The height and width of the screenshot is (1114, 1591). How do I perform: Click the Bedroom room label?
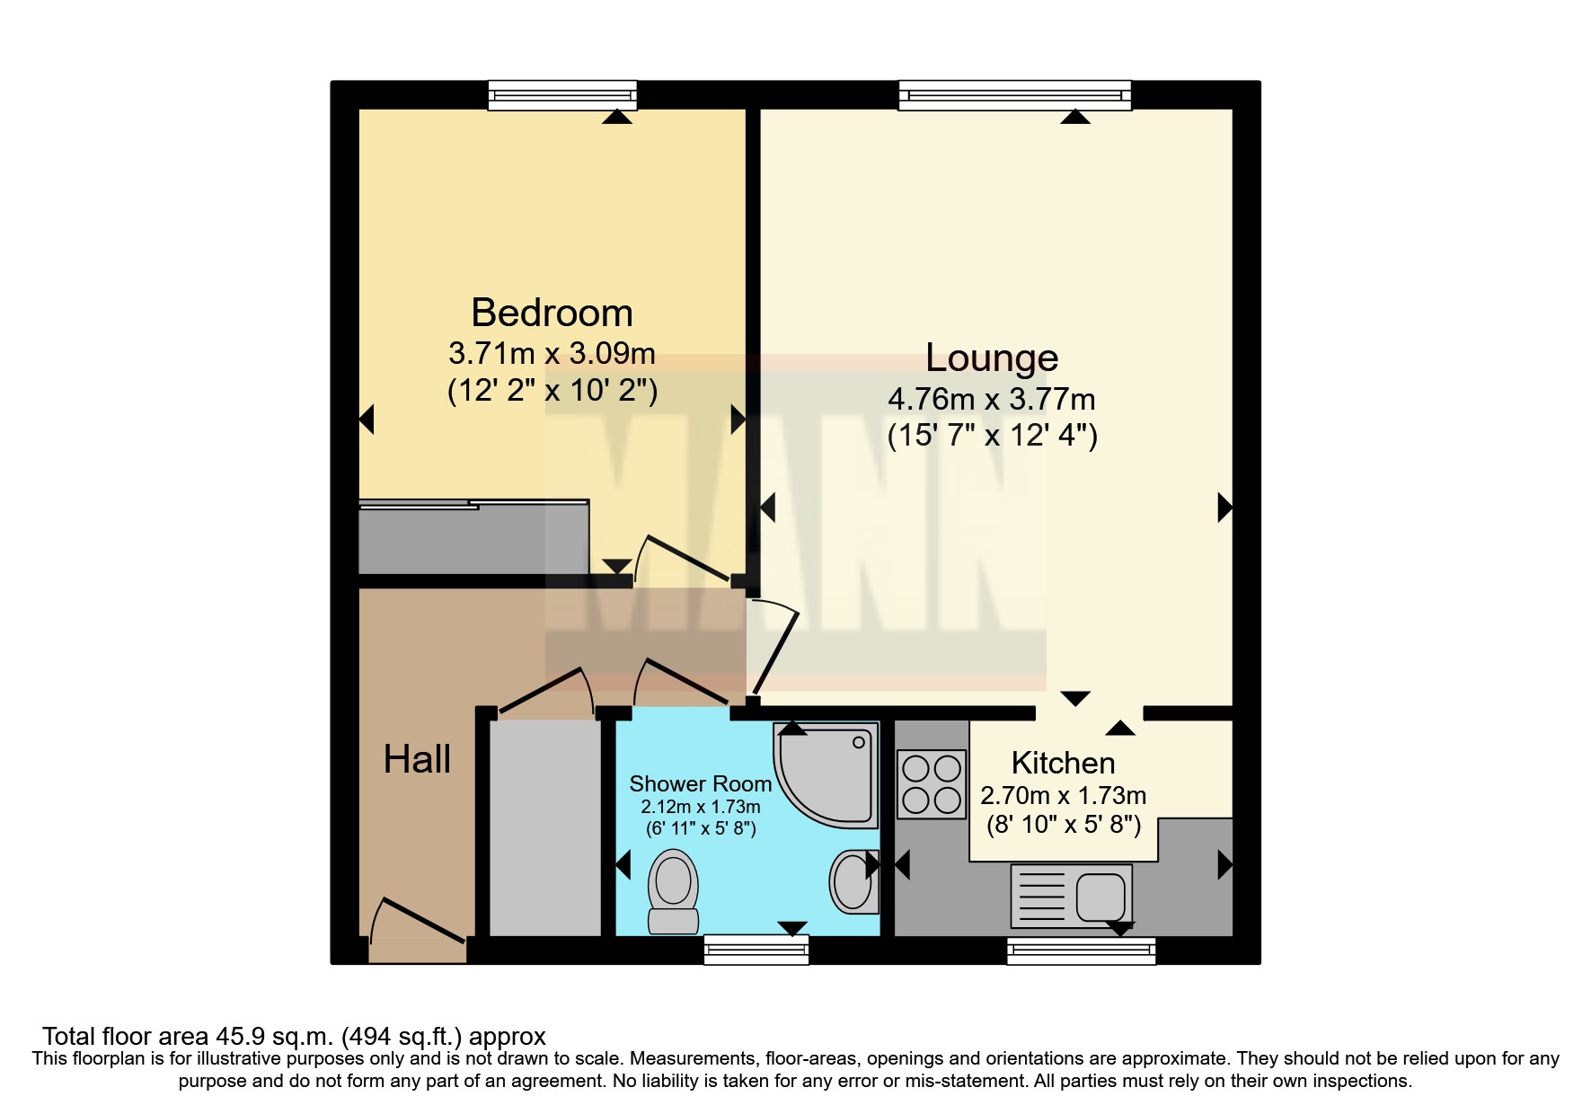[552, 314]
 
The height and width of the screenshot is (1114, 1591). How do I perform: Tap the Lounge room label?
[992, 358]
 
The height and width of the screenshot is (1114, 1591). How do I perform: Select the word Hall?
[417, 760]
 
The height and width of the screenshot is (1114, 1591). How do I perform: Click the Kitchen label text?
[1063, 764]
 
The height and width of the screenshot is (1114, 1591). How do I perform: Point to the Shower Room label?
[700, 784]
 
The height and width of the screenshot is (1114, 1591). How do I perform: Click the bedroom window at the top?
[562, 94]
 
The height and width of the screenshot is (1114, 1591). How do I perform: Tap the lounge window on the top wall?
[1014, 94]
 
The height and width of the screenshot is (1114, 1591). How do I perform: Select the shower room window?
[756, 950]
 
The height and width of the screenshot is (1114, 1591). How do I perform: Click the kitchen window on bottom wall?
[1081, 950]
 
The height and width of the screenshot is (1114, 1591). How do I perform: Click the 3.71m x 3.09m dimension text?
[552, 354]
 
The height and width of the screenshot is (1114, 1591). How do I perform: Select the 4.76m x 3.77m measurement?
[992, 399]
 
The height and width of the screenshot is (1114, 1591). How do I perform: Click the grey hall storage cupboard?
[544, 827]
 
